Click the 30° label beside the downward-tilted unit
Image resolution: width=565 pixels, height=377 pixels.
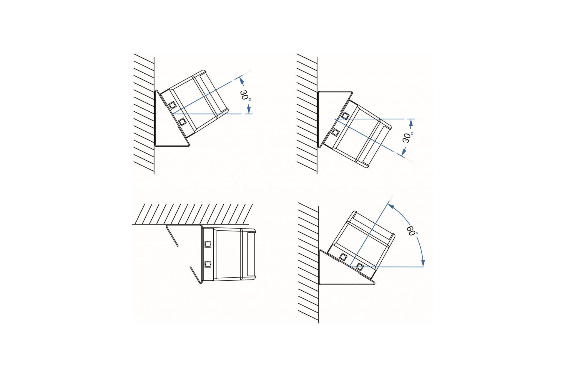pyautogui.click(x=408, y=137)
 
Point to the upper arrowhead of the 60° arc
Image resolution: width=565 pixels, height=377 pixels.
pyautogui.click(x=391, y=206)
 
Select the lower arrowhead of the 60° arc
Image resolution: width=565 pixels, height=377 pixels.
pyautogui.click(x=423, y=263)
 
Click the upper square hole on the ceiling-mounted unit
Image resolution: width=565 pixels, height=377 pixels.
pyautogui.click(x=208, y=244)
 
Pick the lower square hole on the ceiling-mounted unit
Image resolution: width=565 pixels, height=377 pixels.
pyautogui.click(x=208, y=264)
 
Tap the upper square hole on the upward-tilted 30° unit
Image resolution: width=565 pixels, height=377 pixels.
pyautogui.click(x=172, y=105)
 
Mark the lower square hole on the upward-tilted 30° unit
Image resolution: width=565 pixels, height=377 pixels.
pyautogui.click(x=182, y=121)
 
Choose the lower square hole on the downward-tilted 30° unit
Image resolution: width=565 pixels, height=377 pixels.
pyautogui.click(x=335, y=132)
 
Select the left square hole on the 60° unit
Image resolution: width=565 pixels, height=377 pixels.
pyautogui.click(x=343, y=257)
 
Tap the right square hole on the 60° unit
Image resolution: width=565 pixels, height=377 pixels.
pyautogui.click(x=359, y=267)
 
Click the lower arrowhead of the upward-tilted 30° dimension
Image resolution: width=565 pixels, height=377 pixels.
pyautogui.click(x=249, y=110)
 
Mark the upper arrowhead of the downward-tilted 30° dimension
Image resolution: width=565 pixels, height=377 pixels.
pyautogui.click(x=411, y=123)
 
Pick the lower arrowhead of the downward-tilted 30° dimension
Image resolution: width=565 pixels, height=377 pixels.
pyautogui.click(x=404, y=152)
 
